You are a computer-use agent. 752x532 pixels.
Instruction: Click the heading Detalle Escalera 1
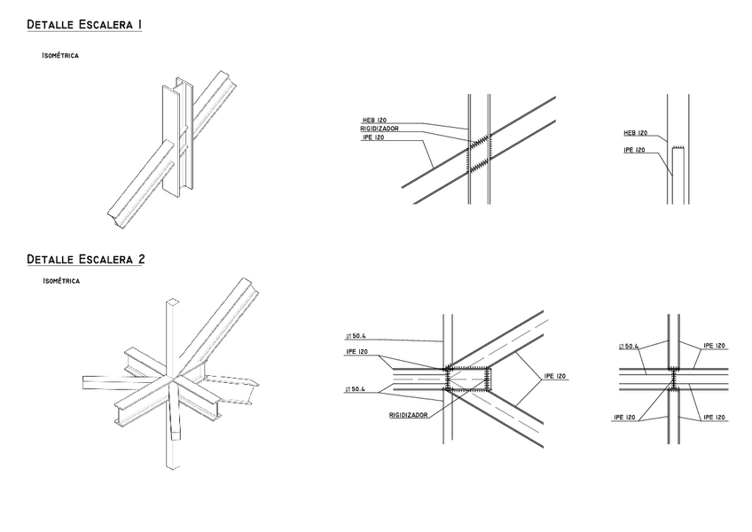point(84,25)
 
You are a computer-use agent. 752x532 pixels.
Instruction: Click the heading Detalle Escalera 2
point(85,260)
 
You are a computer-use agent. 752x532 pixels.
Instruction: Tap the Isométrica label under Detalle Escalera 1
point(60,55)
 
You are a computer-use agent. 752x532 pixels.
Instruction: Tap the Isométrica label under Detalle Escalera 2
point(60,281)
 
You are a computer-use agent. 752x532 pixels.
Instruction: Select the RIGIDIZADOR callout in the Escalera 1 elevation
point(379,129)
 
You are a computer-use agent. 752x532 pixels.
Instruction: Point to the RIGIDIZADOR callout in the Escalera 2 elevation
point(408,415)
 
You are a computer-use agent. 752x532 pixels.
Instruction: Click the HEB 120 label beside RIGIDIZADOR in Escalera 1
point(374,120)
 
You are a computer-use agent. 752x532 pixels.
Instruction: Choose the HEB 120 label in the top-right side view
point(635,133)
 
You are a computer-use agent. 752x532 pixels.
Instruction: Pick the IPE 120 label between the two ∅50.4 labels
point(357,353)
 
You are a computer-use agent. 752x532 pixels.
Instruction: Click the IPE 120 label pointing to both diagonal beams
point(555,376)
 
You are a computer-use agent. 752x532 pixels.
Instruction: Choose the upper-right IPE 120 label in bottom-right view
point(714,346)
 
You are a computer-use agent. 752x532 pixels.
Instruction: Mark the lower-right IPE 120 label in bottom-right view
point(714,416)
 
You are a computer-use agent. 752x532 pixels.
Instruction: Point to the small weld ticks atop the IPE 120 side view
point(679,147)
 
